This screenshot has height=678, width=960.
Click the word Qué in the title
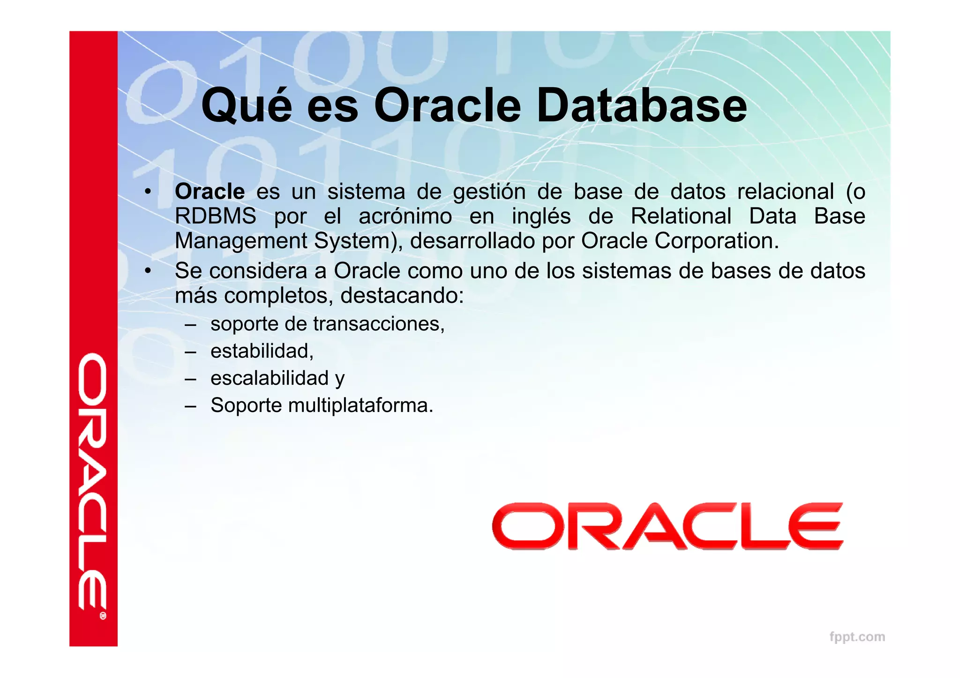coord(247,107)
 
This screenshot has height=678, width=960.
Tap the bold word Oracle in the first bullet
coord(210,192)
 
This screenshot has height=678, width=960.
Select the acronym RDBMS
coord(215,216)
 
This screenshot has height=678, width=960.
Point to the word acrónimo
coord(405,217)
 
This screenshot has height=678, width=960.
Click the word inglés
coord(541,216)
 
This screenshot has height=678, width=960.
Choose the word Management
coord(241,241)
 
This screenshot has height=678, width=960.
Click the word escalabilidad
coord(270,378)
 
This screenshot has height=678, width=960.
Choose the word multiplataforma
coord(360,405)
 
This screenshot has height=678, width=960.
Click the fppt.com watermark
coord(857,637)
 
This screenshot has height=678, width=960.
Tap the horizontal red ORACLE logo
coord(667,526)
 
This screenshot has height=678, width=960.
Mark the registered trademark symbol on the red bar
coord(103,616)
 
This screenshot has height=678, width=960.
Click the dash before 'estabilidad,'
coord(190,351)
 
